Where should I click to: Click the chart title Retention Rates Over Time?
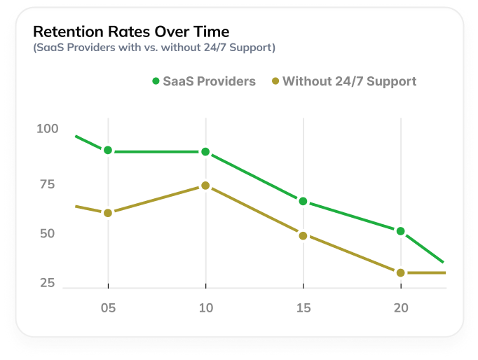(131, 32)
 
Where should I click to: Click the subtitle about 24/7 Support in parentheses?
(154, 48)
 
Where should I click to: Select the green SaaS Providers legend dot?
(156, 81)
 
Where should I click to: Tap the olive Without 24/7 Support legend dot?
(275, 81)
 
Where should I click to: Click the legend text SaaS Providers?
(209, 81)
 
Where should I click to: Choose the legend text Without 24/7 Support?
(349, 81)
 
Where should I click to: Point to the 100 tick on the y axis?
(48, 129)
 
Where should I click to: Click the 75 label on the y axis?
(48, 184)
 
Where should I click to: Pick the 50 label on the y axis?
(48, 233)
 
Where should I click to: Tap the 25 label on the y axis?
(48, 283)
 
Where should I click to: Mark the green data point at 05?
(108, 151)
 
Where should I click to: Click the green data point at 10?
(205, 152)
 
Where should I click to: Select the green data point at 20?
(400, 231)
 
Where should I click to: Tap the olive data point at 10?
(205, 186)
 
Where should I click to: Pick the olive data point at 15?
(303, 236)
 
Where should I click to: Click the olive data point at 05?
(108, 213)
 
